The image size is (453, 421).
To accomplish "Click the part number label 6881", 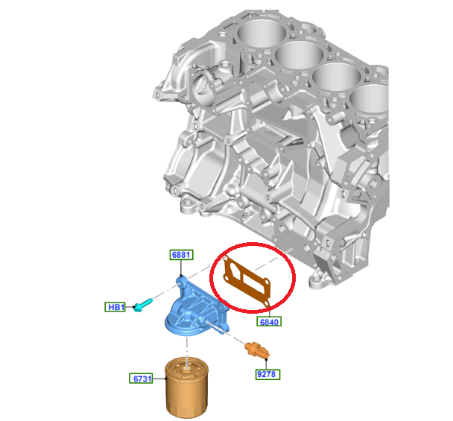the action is (181, 255).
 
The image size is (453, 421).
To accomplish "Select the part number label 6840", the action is (269, 322).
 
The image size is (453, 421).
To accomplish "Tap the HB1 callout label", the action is (115, 307).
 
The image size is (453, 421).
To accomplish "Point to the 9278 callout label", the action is (267, 374).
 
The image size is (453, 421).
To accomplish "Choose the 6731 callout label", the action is (142, 379).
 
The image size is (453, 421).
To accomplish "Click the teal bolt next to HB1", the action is (143, 305).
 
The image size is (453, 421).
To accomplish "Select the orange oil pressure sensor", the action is (257, 349).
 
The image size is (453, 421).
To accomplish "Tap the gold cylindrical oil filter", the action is (187, 387).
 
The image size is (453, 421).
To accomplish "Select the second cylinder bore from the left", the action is (299, 55).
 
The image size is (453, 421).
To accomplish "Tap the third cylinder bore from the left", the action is (337, 77).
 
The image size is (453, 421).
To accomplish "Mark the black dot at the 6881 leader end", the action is (181, 276).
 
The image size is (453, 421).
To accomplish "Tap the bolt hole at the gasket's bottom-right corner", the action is (267, 303).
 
